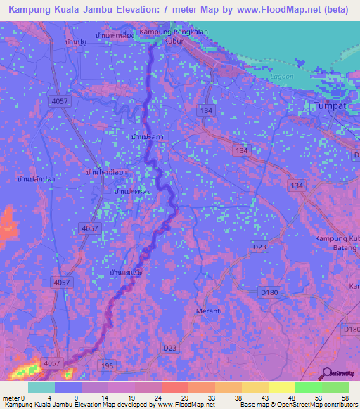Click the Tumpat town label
coord(330,105)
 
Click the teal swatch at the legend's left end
coord(41,387)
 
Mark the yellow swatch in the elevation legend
coord(281,387)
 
